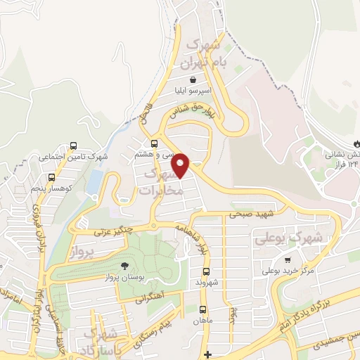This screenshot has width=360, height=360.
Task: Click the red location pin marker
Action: [x=181, y=166]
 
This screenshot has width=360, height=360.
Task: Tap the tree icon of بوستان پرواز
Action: [x=124, y=266]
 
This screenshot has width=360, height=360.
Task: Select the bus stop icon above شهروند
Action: [x=206, y=271]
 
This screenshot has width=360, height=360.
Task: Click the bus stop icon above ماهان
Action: [x=202, y=309]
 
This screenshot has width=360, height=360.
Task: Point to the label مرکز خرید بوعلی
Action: [x=288, y=270]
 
